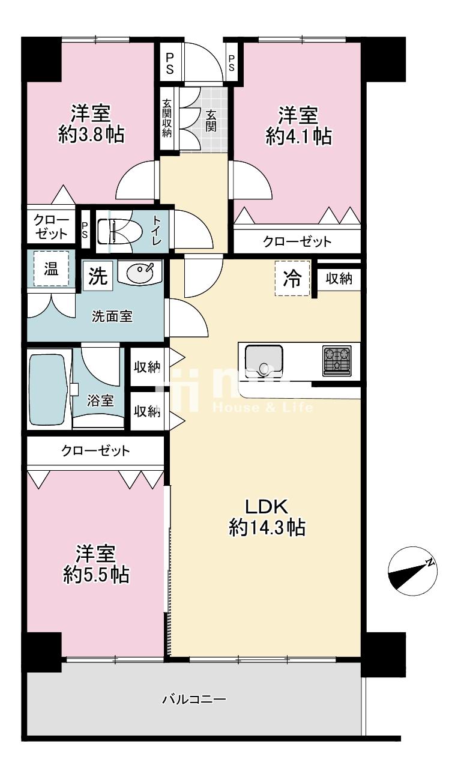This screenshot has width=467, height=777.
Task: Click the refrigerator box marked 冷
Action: point(292,279)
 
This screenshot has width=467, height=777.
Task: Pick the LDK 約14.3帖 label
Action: point(267,517)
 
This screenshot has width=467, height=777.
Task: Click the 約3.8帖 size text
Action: point(91,135)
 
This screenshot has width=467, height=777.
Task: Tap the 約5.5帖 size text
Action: point(96,575)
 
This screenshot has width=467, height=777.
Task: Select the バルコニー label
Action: point(194,700)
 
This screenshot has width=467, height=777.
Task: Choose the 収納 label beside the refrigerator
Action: point(339,278)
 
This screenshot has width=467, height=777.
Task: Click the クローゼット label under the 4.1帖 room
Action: point(297,242)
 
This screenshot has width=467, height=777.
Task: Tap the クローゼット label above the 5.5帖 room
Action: point(95,452)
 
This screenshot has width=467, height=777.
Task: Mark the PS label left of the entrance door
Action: point(170,62)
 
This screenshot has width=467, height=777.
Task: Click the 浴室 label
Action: point(100,401)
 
